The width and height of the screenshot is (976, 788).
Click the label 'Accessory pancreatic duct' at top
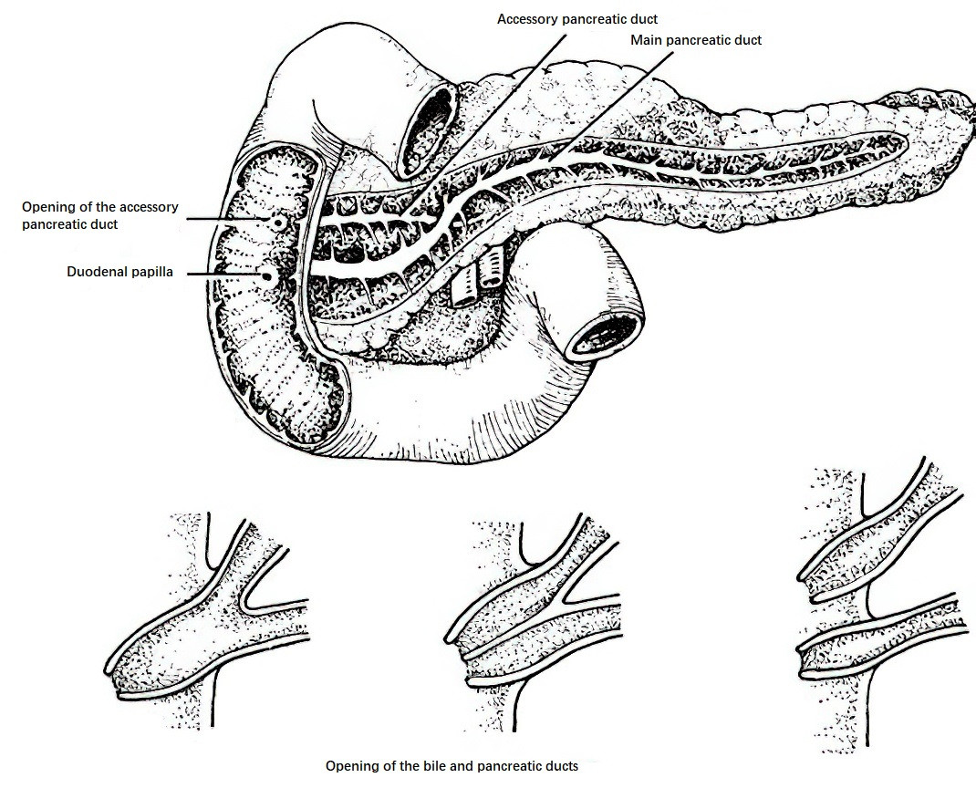coord(577,19)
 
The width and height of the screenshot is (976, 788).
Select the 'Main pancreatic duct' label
coord(696,40)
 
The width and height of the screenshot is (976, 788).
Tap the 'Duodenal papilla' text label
coord(120,272)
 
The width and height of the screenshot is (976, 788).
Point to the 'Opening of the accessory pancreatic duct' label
coord(100,215)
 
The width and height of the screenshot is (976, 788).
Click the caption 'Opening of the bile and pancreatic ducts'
coord(452,765)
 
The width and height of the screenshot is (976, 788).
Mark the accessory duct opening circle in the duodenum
coord(279,222)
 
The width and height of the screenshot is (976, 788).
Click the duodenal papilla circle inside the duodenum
coord(268,275)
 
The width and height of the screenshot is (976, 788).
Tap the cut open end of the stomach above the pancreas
coord(428,130)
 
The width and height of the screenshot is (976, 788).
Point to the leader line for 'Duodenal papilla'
coord(223,274)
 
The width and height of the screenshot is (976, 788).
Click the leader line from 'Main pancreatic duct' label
coord(610,107)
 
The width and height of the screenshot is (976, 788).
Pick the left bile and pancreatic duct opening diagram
coord(207,619)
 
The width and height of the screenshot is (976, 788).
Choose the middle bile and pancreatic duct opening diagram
coord(533,622)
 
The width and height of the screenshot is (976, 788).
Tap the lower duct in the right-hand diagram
coord(881,635)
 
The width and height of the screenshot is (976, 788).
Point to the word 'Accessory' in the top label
coord(526,19)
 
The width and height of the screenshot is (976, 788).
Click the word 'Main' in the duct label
coord(646,40)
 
